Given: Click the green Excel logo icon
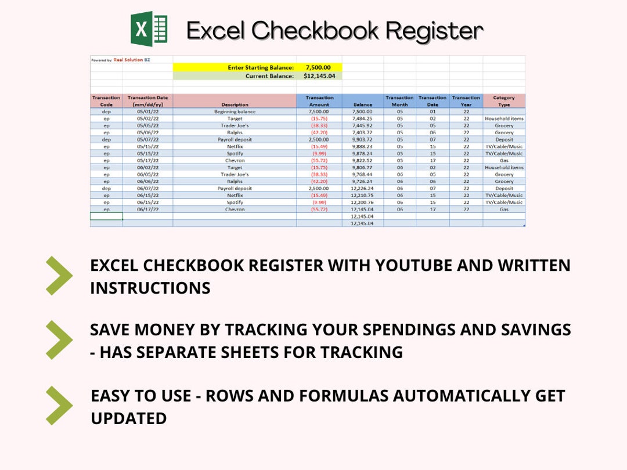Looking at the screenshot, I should pyautogui.click(x=149, y=29).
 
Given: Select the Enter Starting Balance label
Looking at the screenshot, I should pyautogui.click(x=261, y=68).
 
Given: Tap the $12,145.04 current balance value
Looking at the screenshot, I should pyautogui.click(x=319, y=76).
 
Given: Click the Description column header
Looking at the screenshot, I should pyautogui.click(x=235, y=105).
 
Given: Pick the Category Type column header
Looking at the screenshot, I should pyautogui.click(x=504, y=101).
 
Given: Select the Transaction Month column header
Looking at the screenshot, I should pyautogui.click(x=399, y=101).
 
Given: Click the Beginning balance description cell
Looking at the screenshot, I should pyautogui.click(x=235, y=111).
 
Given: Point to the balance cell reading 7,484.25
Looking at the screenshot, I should pyautogui.click(x=362, y=118).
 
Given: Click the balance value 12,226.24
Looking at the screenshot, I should pyautogui.click(x=362, y=188).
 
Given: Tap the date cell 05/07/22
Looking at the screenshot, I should pyautogui.click(x=147, y=139).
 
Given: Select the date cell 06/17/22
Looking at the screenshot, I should pyautogui.click(x=147, y=209).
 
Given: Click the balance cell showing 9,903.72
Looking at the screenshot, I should pyautogui.click(x=362, y=139).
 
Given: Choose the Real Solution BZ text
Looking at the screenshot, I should pyautogui.click(x=131, y=60).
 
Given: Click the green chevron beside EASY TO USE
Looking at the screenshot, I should pyautogui.click(x=59, y=405).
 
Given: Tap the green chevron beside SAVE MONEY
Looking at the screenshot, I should pyautogui.click(x=59, y=339).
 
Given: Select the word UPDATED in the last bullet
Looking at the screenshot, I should pyautogui.click(x=128, y=418).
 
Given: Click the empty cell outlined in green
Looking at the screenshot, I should pyautogui.click(x=106, y=216).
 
